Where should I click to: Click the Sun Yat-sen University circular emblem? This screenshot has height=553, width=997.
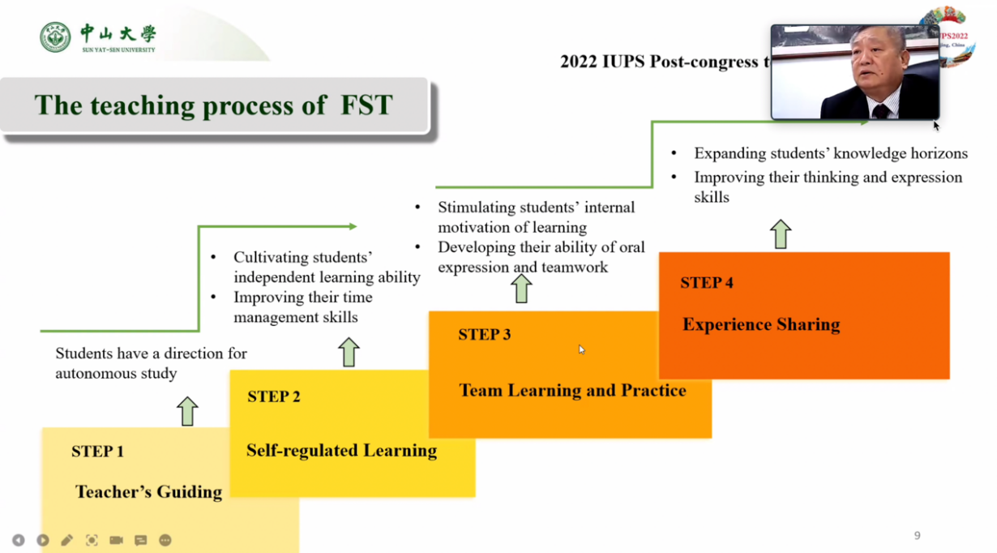tap(55, 38)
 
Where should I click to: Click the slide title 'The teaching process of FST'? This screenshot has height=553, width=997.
tap(213, 105)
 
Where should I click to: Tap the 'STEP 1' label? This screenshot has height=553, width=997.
tap(97, 452)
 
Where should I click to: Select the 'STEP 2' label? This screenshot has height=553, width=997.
tap(274, 397)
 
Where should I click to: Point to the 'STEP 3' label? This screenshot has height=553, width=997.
tap(484, 335)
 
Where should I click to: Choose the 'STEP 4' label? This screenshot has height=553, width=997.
tap(707, 283)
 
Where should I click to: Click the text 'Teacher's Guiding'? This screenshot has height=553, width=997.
tap(148, 492)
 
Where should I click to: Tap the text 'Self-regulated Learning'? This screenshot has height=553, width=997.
tap(341, 451)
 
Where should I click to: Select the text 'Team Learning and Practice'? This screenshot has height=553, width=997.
tap(572, 391)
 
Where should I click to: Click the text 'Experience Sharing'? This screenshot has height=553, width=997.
tap(761, 325)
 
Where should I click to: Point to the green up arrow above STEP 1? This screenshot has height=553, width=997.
tap(187, 411)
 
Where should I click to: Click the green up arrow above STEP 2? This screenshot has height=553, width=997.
tap(349, 352)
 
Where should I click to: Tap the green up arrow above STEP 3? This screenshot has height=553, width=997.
tap(521, 289)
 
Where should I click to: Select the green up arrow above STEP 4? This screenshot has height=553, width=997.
tap(781, 234)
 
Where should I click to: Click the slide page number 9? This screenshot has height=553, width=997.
tap(918, 535)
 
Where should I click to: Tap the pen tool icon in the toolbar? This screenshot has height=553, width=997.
tap(67, 540)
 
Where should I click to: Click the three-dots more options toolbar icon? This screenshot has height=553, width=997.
tap(165, 540)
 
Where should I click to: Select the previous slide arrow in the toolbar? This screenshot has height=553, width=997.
tap(19, 540)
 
